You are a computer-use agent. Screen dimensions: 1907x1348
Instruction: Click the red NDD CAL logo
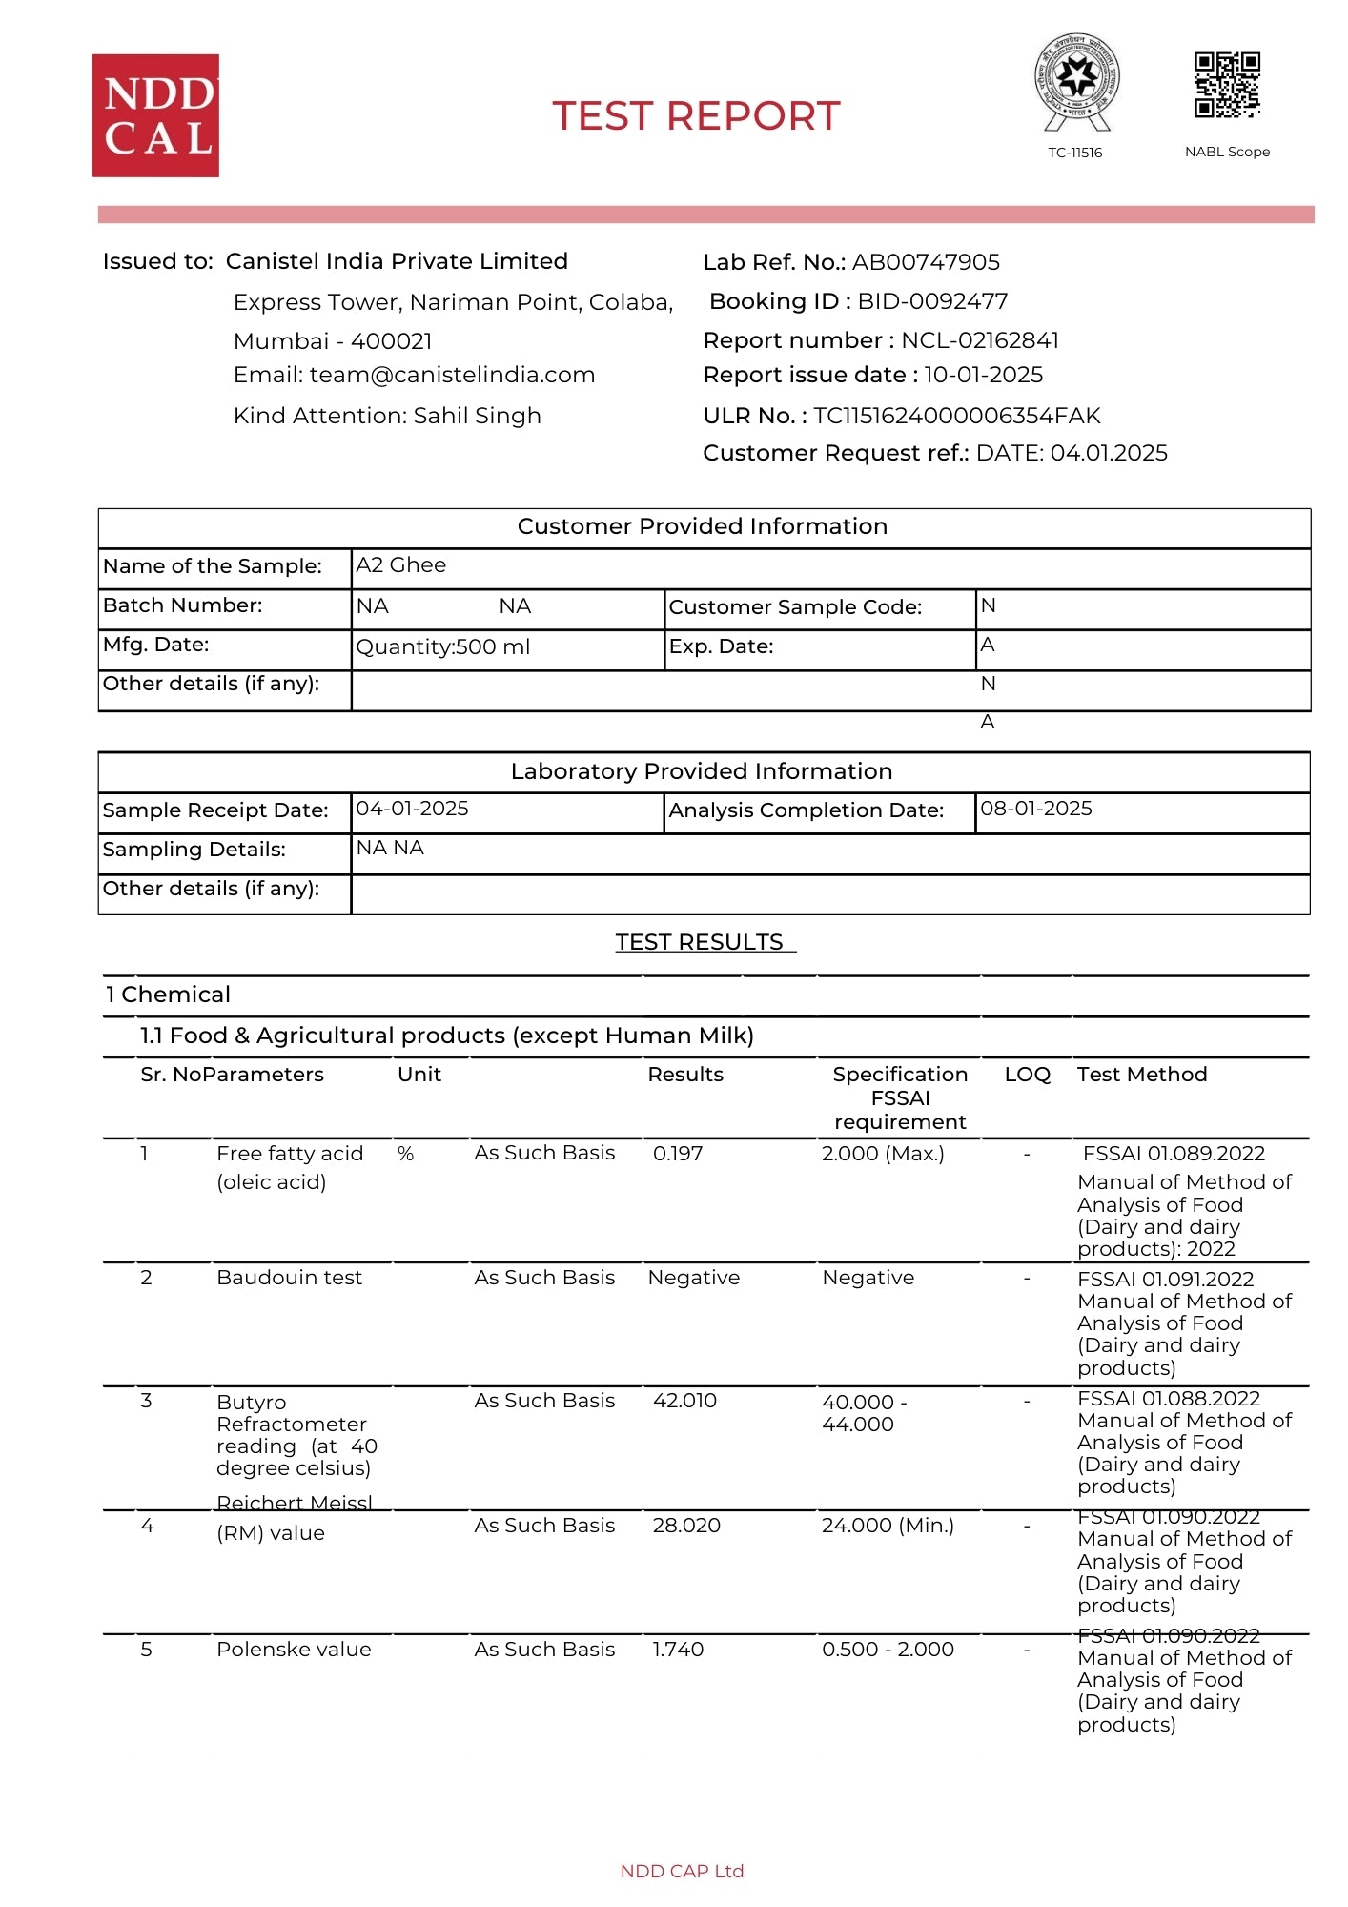pos(155,115)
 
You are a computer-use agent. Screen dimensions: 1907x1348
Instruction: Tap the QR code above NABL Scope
pos(1227,85)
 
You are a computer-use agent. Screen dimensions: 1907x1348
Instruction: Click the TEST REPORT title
pos(696,116)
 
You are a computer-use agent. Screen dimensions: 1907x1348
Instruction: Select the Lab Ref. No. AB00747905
pos(926,262)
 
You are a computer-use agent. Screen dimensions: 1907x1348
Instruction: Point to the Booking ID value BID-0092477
pos(932,301)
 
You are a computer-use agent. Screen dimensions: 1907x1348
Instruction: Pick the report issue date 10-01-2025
pos(983,375)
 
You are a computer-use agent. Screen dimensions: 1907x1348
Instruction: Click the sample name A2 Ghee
pos(400,564)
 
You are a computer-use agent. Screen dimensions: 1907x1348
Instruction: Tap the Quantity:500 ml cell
pos(442,646)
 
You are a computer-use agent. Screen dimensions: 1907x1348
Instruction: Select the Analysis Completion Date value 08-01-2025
pos(1035,809)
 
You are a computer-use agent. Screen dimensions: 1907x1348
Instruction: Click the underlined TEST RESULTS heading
pos(700,942)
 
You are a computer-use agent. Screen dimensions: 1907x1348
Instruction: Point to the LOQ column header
pos(1027,1075)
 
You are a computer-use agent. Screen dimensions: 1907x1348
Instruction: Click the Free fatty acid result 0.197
pos(678,1154)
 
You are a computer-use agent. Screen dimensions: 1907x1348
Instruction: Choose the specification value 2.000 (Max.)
pos(883,1154)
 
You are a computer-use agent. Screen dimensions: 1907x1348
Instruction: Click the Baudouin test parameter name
pos(289,1278)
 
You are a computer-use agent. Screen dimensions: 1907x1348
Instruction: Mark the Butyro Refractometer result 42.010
pos(684,1401)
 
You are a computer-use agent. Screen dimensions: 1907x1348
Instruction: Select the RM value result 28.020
pos(686,1526)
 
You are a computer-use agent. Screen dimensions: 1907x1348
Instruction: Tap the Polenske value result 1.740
pos(678,1650)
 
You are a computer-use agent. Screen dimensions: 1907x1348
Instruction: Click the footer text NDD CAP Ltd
pos(682,1871)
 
